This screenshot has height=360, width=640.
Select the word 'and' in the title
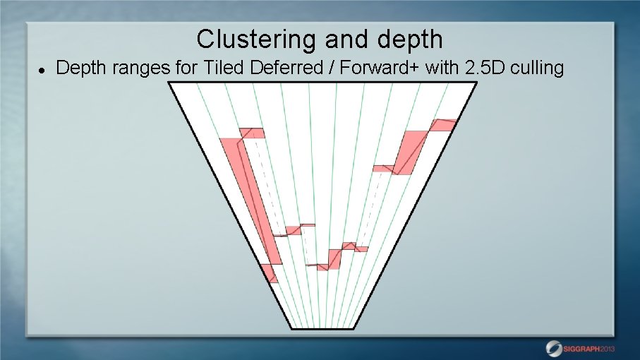339,39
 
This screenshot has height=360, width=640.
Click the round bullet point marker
42,70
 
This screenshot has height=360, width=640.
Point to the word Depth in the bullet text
78,68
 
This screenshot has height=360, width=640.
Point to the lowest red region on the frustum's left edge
270,272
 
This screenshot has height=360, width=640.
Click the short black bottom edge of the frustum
320,329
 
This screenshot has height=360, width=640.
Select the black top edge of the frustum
321,83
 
